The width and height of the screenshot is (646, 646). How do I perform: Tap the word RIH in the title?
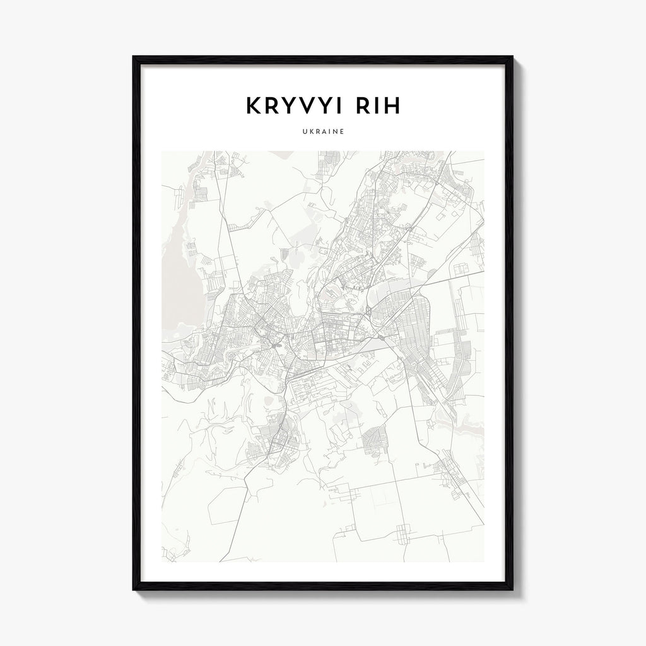(x=375, y=107)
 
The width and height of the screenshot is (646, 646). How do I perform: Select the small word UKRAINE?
(x=322, y=132)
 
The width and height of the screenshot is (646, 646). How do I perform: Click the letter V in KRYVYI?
(x=300, y=107)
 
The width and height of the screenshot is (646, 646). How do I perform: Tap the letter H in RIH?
(x=392, y=107)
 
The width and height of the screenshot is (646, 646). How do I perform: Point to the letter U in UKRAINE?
(x=304, y=132)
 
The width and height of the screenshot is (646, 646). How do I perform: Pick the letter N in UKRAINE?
(x=334, y=132)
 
